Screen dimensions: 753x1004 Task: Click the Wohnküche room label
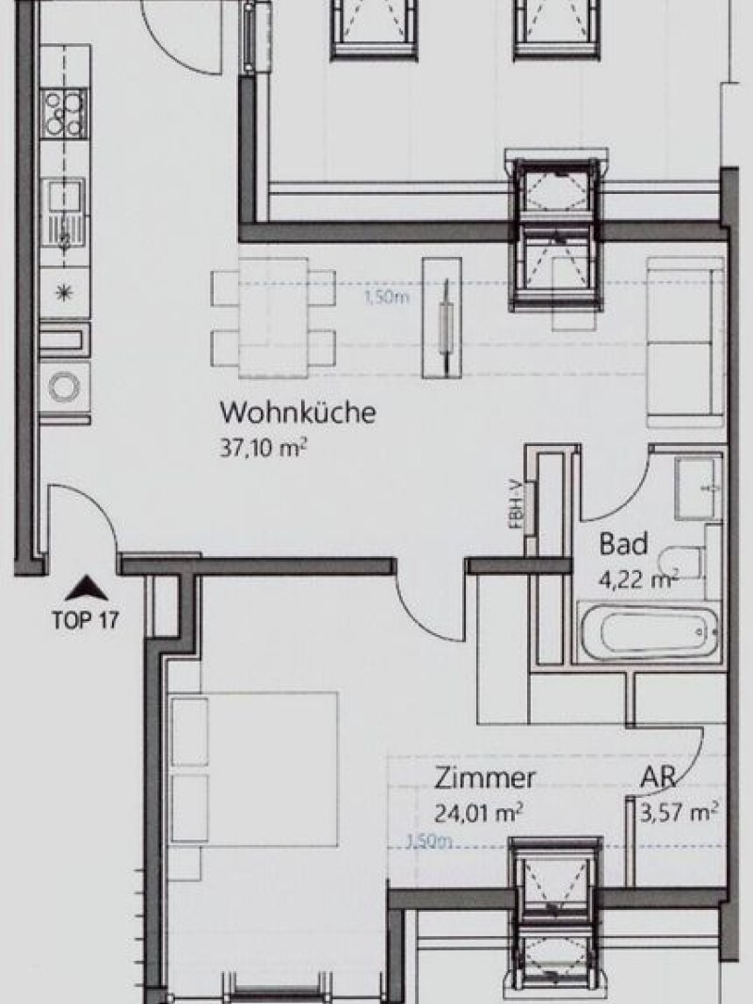(297, 412)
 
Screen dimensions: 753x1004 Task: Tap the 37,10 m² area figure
(264, 448)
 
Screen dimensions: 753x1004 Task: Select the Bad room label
(623, 544)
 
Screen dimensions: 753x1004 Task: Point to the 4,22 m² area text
(638, 580)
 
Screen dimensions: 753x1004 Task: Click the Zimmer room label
(485, 778)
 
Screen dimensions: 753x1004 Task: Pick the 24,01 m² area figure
(478, 813)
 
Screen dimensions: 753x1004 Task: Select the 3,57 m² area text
(679, 813)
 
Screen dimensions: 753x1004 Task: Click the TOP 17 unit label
(85, 620)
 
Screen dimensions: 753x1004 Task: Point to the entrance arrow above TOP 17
(86, 588)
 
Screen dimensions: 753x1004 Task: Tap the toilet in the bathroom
(682, 563)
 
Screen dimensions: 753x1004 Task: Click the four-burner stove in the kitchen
(65, 113)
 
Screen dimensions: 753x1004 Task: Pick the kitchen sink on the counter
(65, 212)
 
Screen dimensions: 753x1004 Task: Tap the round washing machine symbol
(65, 388)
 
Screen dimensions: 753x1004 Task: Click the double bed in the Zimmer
(252, 769)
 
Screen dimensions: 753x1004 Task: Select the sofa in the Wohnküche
(685, 343)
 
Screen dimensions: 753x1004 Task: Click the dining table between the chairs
(273, 318)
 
